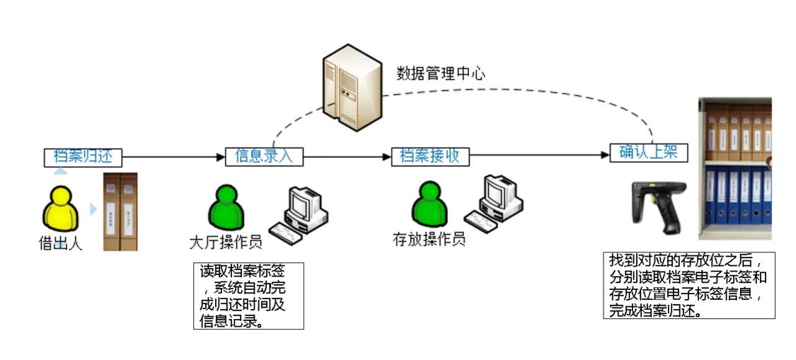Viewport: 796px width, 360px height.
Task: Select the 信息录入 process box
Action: [x=264, y=156]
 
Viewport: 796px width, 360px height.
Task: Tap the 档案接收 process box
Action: [x=430, y=156]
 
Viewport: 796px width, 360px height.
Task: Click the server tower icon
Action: [x=348, y=87]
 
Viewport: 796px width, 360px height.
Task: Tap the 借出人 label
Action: [x=60, y=245]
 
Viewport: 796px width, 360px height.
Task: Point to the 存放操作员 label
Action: [x=429, y=239]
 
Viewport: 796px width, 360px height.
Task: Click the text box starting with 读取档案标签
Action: [x=248, y=296]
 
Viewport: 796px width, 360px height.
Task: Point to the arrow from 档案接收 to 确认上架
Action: [x=538, y=156]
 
